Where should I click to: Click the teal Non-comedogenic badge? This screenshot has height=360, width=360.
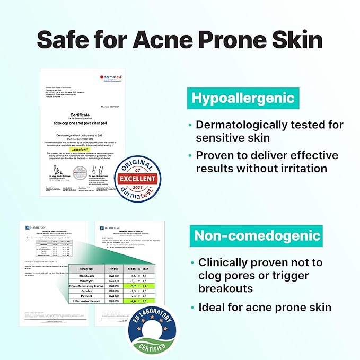pyautogui.click(x=257, y=235)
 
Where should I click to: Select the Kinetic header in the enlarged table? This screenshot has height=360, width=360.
pyautogui.click(x=114, y=268)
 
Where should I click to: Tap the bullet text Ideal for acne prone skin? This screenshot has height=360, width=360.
pyautogui.click(x=265, y=308)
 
